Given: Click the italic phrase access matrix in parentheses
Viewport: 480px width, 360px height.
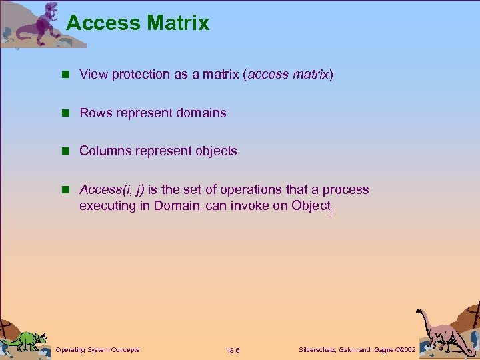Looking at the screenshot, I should [x=289, y=75].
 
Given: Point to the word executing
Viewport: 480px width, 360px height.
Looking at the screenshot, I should [x=107, y=206].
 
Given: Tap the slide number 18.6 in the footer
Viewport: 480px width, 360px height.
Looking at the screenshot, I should [x=233, y=350].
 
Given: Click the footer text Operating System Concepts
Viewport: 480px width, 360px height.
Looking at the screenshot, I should [x=97, y=349].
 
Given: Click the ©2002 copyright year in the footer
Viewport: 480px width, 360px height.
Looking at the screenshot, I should [x=405, y=349].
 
